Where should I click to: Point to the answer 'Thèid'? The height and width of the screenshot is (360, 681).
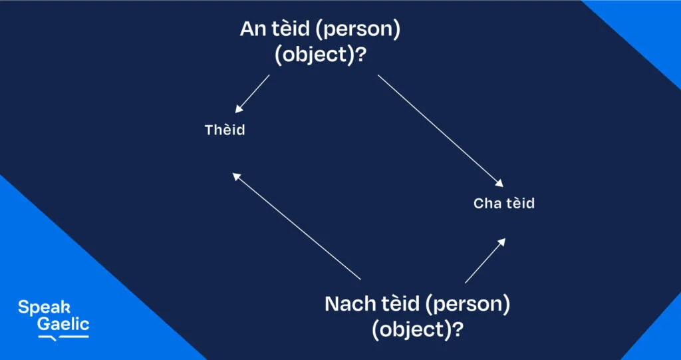[225, 130]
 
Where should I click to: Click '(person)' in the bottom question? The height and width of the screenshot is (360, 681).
[468, 305]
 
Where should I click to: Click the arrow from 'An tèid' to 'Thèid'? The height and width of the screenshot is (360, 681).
[252, 94]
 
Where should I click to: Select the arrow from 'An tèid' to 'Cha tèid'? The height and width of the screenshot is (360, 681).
[440, 131]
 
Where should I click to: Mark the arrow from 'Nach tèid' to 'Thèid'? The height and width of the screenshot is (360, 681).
[296, 226]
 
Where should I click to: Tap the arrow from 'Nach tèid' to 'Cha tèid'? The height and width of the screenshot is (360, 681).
[485, 260]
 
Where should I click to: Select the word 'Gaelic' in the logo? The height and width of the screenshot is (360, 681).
[63, 324]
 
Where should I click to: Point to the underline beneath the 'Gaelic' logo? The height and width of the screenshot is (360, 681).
[63, 337]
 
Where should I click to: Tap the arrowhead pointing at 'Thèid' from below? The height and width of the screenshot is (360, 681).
[237, 176]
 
